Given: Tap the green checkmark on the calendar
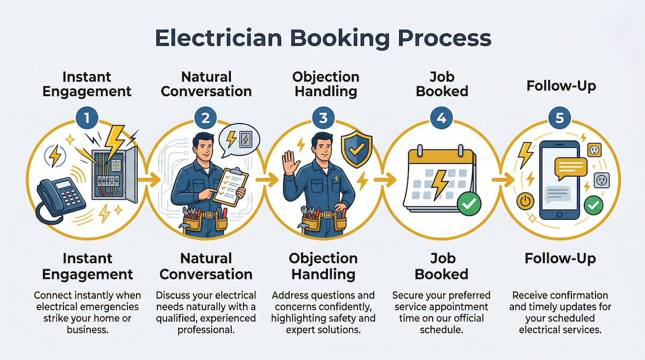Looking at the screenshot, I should coord(469,203).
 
